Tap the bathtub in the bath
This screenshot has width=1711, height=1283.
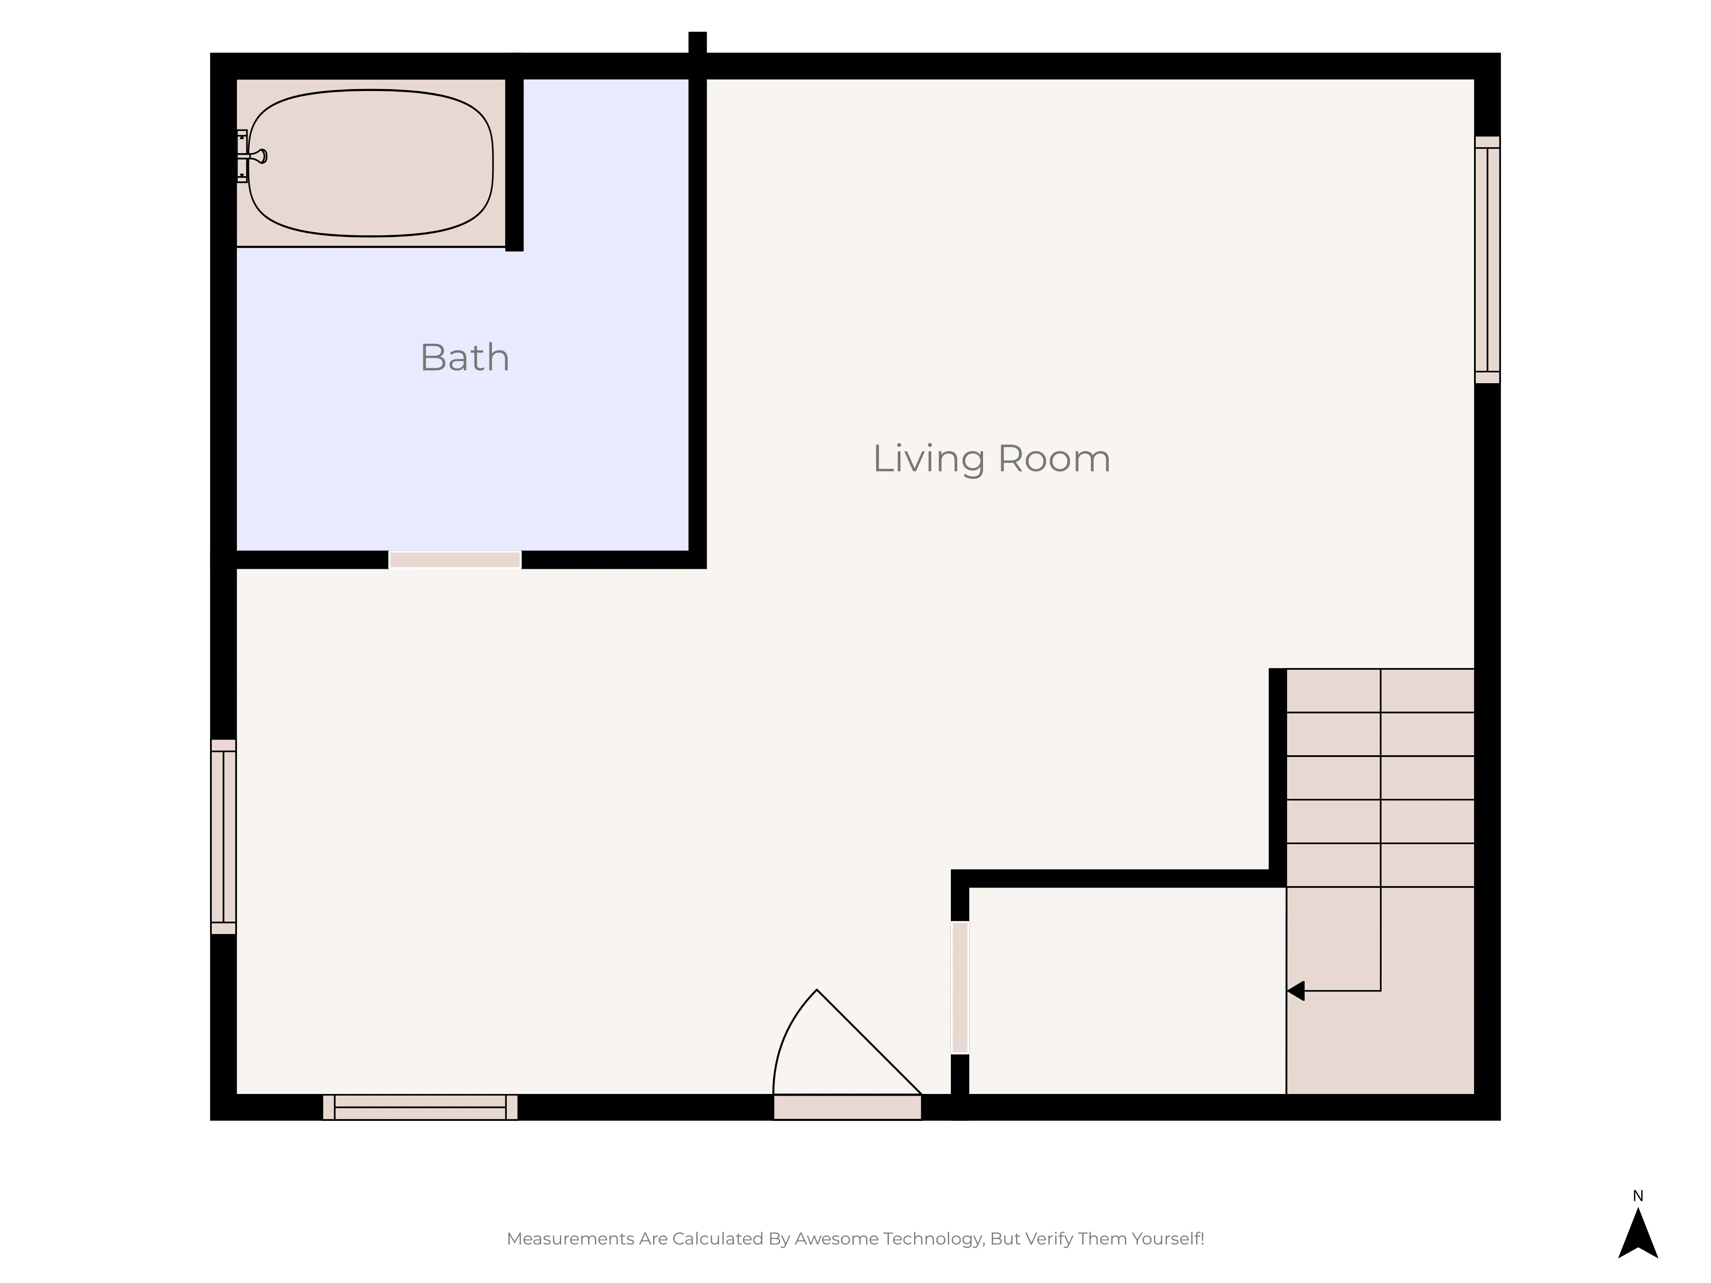pyautogui.click(x=370, y=163)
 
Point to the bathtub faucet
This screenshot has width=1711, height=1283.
pyautogui.click(x=253, y=156)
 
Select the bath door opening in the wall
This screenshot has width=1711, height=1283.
pyautogui.click(x=455, y=560)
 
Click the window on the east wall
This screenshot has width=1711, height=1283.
pyautogui.click(x=1487, y=260)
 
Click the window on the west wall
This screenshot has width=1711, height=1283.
pyautogui.click(x=224, y=837)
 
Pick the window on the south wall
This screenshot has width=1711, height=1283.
pyautogui.click(x=420, y=1108)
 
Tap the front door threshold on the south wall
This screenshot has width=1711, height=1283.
pyautogui.click(x=848, y=1108)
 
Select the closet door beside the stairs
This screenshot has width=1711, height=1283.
pyautogui.click(x=960, y=987)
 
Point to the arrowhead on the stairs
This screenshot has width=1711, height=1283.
pyautogui.click(x=1296, y=990)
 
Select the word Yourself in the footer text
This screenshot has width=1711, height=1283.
pyautogui.click(x=1168, y=1239)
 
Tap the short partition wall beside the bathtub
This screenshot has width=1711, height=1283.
pyautogui.click(x=515, y=164)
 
